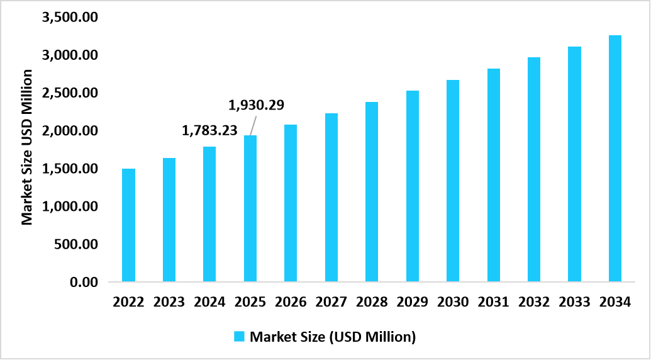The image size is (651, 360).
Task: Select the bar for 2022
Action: pos(128,225)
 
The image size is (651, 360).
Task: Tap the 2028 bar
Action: pos(372,191)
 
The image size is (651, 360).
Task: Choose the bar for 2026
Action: pos(291,203)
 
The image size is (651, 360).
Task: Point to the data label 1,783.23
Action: pos(210,130)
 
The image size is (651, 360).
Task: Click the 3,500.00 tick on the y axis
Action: pos(69,18)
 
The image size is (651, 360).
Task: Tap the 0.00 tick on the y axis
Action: pos(83,282)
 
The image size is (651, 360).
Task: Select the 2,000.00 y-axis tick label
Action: pos(69,131)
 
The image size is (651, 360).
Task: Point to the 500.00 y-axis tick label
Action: pos(75,244)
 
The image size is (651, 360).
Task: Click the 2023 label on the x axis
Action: pos(169,302)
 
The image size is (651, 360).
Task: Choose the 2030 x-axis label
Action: pos(453,302)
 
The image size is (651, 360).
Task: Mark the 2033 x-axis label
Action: pos(574,302)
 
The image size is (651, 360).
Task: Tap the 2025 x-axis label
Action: pos(250,302)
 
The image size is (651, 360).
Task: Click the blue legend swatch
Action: pos(240,337)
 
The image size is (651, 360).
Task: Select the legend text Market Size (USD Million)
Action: pos(333,337)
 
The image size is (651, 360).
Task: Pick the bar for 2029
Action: pos(412,186)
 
